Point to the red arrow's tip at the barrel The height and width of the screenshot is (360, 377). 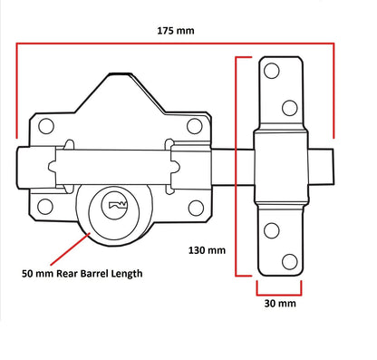point(89,230)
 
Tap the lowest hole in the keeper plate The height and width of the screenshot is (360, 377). point(288,262)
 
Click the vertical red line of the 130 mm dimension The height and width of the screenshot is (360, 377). point(237,163)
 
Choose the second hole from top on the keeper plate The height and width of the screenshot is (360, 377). point(289,108)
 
